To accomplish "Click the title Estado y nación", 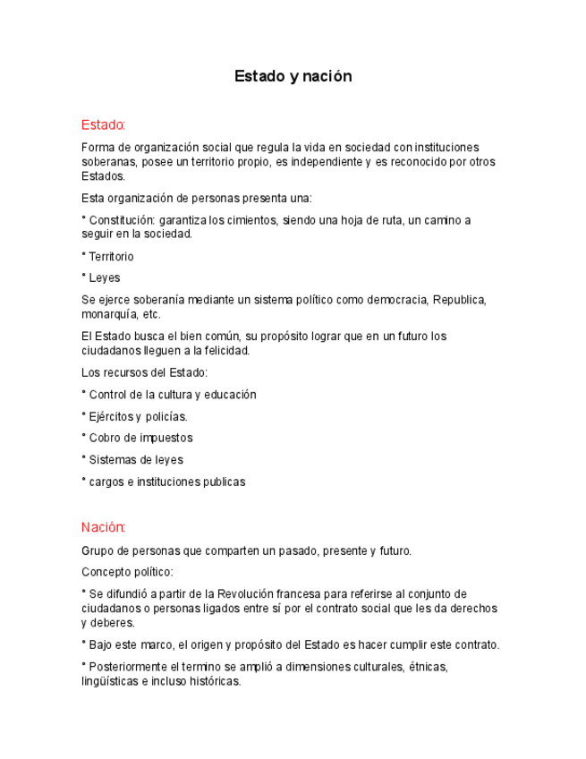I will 293,76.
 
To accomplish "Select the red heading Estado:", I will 103,124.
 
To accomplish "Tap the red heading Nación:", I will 103,527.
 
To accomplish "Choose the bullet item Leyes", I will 104,277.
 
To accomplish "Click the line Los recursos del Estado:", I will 144,372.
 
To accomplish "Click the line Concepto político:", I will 127,572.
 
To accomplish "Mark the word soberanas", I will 107,162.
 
